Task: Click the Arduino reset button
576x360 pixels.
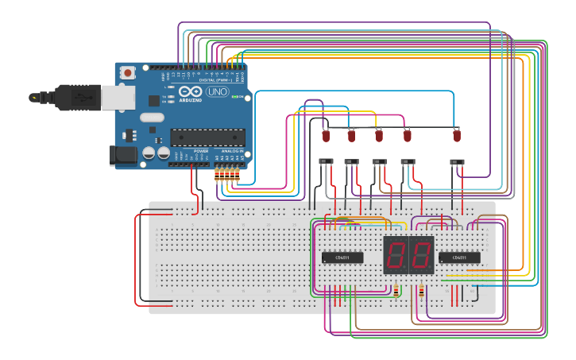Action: pos(127,72)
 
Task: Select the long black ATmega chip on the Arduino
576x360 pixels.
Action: pos(207,137)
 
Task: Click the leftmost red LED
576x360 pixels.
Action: pos(326,136)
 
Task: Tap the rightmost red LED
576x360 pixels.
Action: pos(457,136)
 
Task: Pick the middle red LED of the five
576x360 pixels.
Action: pos(379,136)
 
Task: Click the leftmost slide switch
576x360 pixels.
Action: pos(326,162)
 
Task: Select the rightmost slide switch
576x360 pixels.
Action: pos(458,162)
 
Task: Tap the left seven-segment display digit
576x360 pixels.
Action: pos(396,255)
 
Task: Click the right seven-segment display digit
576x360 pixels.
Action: pos(421,255)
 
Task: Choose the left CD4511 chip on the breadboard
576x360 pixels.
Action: pos(342,257)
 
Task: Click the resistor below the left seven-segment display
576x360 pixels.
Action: pos(396,291)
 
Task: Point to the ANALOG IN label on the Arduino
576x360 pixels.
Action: pos(232,150)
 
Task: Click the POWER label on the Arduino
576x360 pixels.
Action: pos(201,150)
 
